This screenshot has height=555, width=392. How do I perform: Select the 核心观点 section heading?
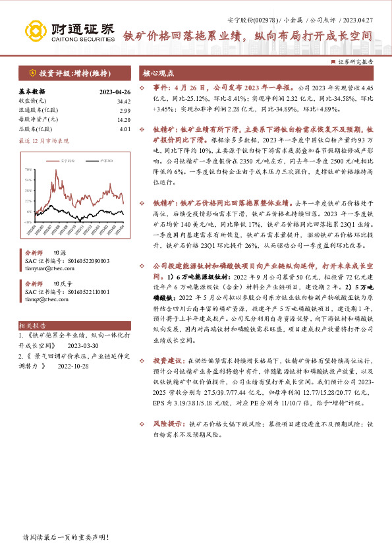pos(159,73)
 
